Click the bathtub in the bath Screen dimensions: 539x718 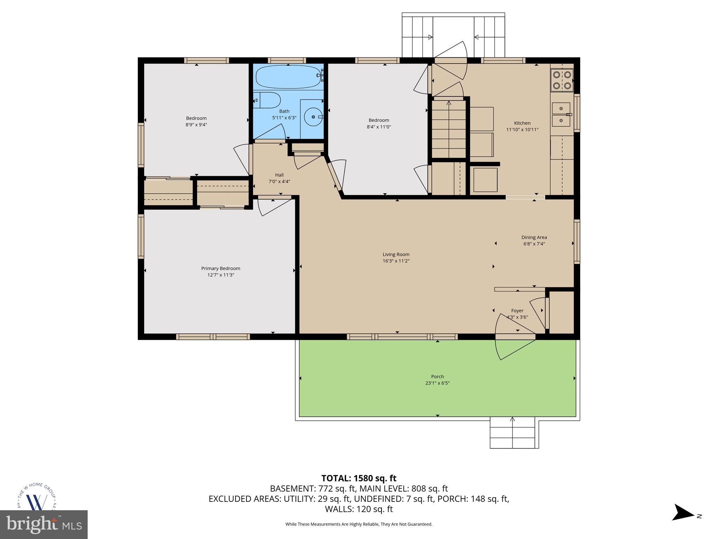coord(288,76)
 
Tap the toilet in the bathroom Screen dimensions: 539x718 coord(267,100)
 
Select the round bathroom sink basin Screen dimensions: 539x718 coord(313,116)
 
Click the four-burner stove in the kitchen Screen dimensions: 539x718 coord(562,80)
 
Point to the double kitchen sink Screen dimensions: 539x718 coord(561,114)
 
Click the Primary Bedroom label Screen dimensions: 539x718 coord(221,268)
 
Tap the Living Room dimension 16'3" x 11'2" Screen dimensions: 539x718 coord(396,261)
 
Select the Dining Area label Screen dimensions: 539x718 coord(534,237)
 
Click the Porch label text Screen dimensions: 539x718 coord(437,377)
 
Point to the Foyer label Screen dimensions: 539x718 coord(517,311)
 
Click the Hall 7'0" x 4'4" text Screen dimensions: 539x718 coord(279,178)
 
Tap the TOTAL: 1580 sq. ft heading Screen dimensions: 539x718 coord(359,478)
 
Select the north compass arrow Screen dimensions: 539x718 coord(683,522)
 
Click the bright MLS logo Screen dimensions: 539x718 coord(43,524)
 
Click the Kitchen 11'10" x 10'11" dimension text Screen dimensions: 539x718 coord(522,129)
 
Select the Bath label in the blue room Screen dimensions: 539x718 coord(284,111)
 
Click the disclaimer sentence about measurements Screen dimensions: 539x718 coord(359,524)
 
